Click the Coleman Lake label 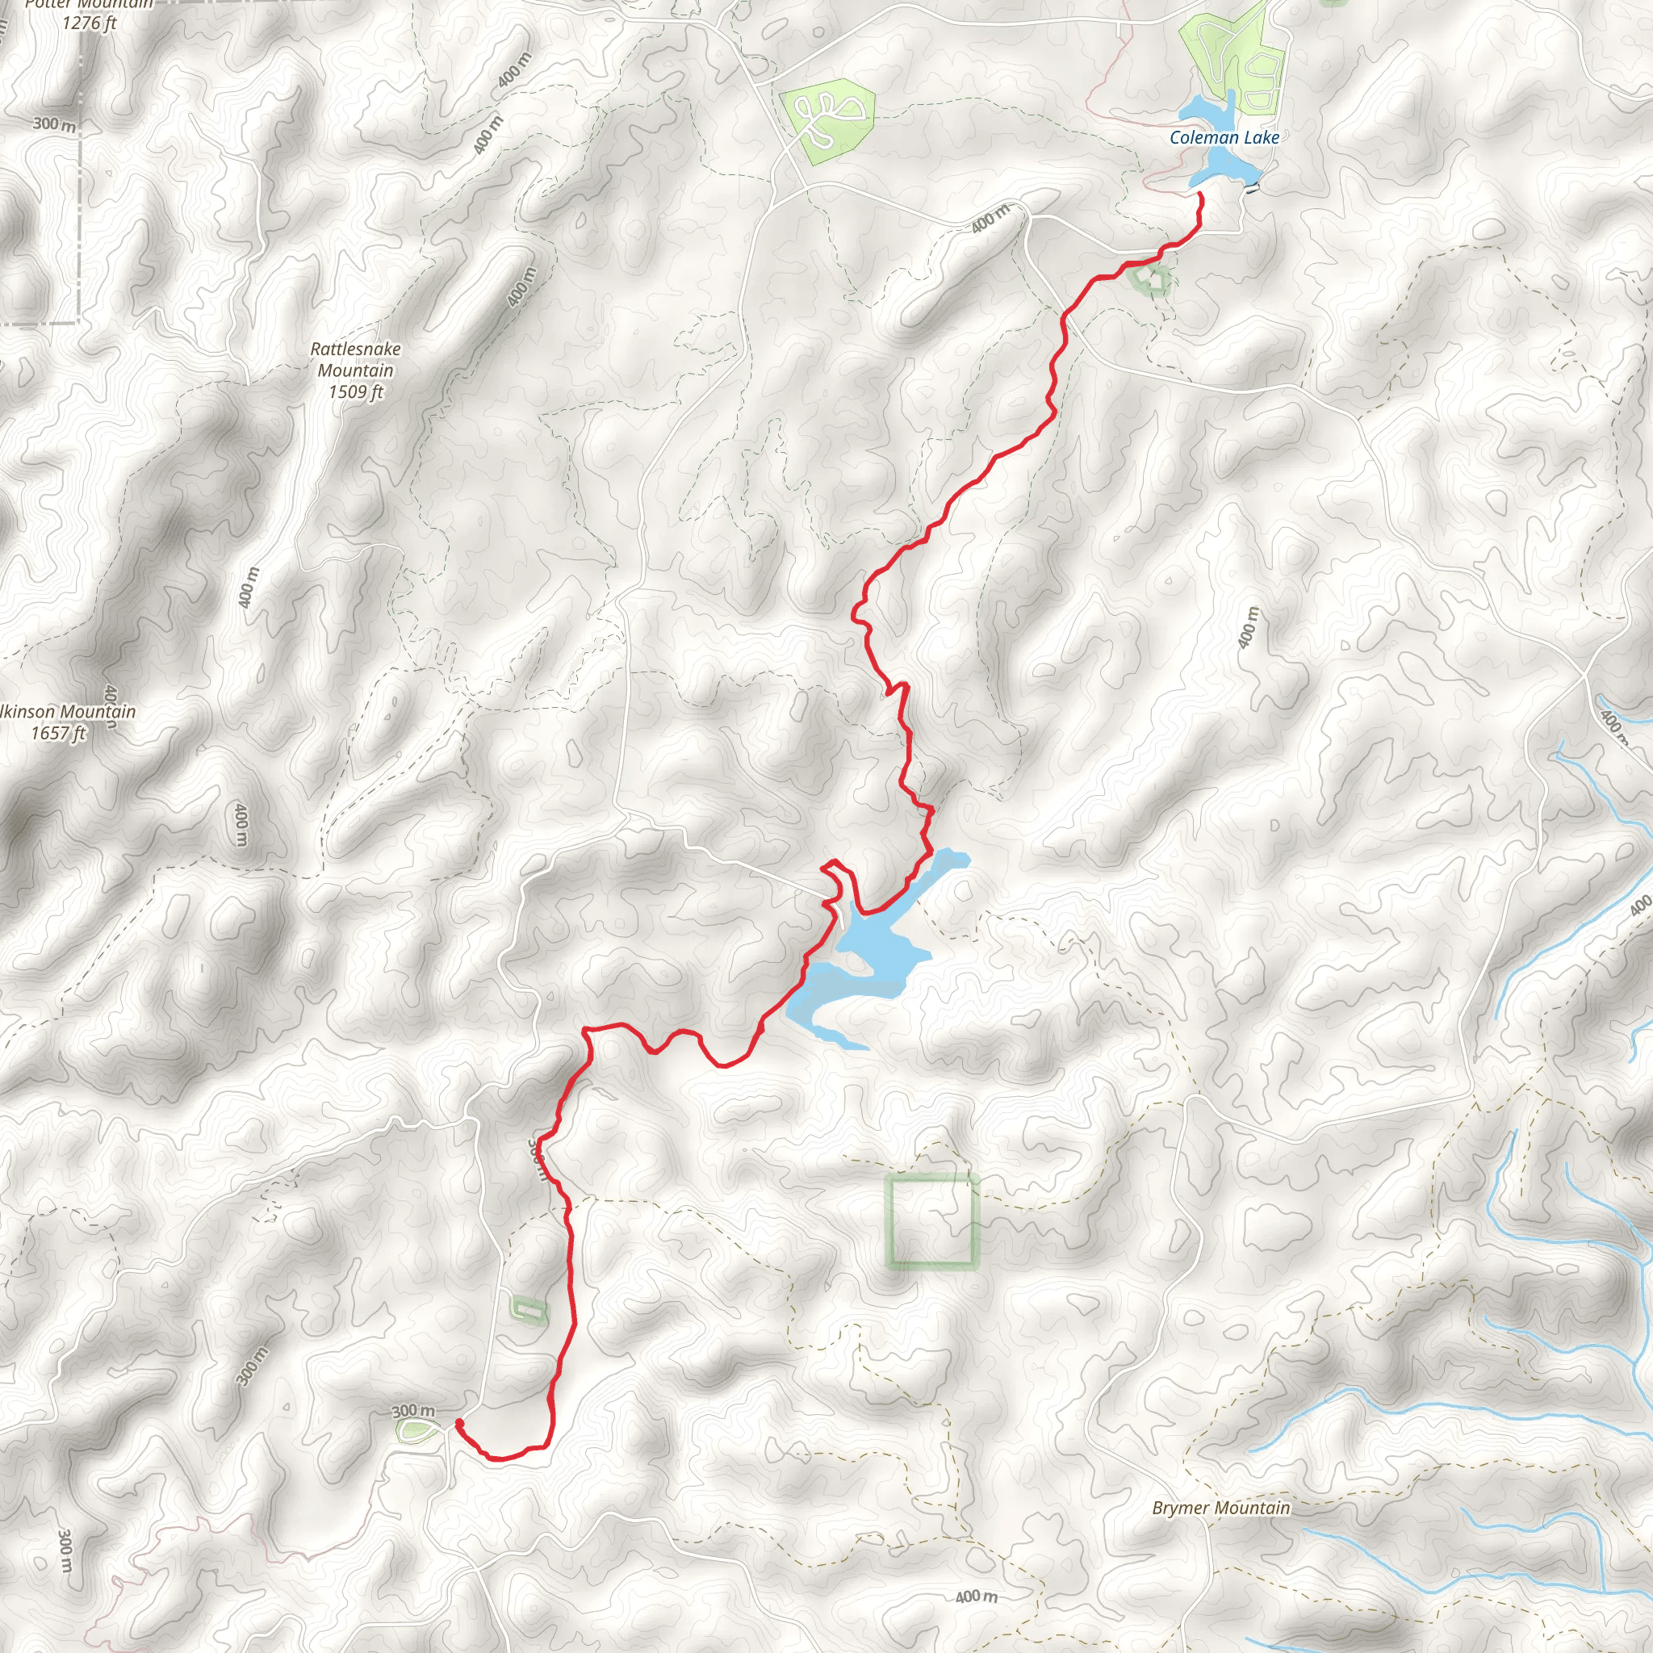click(1224, 138)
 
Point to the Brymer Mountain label click(1220, 1508)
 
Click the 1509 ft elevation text click(356, 391)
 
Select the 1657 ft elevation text click(58, 733)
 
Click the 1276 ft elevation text click(89, 23)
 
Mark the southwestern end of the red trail click(459, 1423)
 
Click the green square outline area click(931, 1220)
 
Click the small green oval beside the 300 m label click(416, 1429)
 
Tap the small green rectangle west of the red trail click(528, 1308)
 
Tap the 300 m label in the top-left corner click(54, 124)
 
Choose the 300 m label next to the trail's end click(413, 1410)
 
